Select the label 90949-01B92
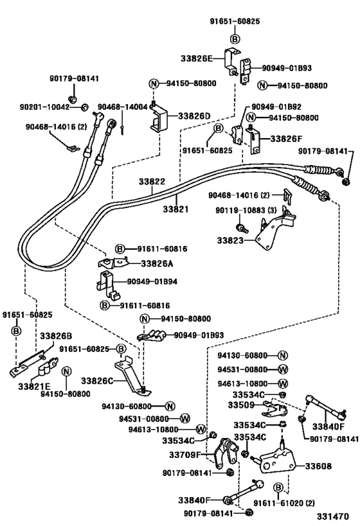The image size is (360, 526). pos(277,107)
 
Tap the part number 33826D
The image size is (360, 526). pos(194,116)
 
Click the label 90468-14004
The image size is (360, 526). pos(122,107)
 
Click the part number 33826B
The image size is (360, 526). pos(55,336)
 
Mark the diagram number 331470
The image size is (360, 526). pos(334,516)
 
